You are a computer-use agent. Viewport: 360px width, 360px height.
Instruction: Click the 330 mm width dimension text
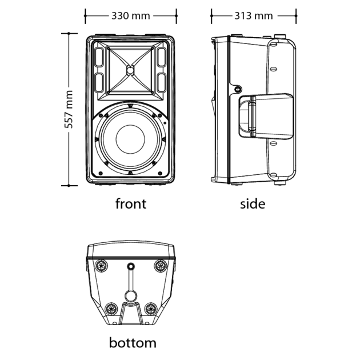click(x=131, y=15)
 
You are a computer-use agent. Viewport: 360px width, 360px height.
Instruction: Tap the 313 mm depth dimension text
click(x=254, y=15)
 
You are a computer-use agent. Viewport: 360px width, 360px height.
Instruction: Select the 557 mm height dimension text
click(x=69, y=109)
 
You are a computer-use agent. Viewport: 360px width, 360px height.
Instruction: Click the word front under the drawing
click(x=131, y=203)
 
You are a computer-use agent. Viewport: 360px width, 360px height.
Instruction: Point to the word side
click(x=252, y=203)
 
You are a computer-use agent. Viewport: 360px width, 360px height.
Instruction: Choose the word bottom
click(x=132, y=343)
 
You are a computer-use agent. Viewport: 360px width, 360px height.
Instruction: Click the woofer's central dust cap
click(x=131, y=139)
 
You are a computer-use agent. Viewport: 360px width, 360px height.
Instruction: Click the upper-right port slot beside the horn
click(x=162, y=58)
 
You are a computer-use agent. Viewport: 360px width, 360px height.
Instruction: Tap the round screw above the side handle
click(x=237, y=89)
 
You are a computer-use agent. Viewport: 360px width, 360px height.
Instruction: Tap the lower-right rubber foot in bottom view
click(x=151, y=309)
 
